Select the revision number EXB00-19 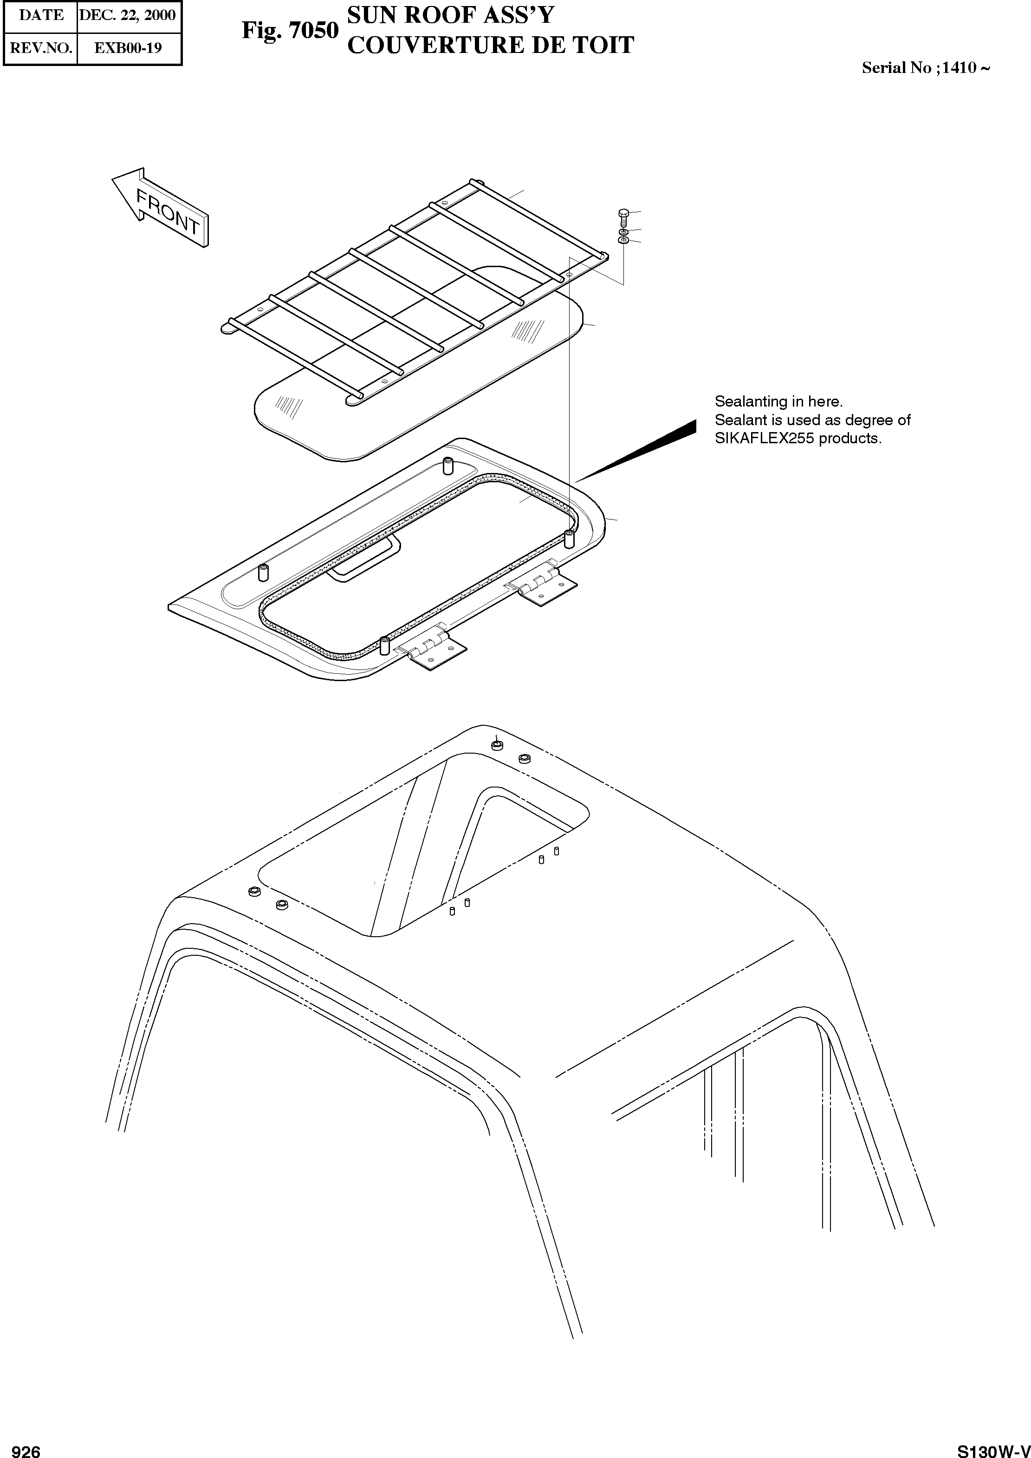pyautogui.click(x=128, y=48)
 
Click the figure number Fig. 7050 pyautogui.click(x=290, y=31)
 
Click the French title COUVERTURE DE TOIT pyautogui.click(x=491, y=45)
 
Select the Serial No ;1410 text pyautogui.click(x=925, y=68)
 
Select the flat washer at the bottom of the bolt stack pyautogui.click(x=623, y=242)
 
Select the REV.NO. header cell pyautogui.click(x=41, y=48)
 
